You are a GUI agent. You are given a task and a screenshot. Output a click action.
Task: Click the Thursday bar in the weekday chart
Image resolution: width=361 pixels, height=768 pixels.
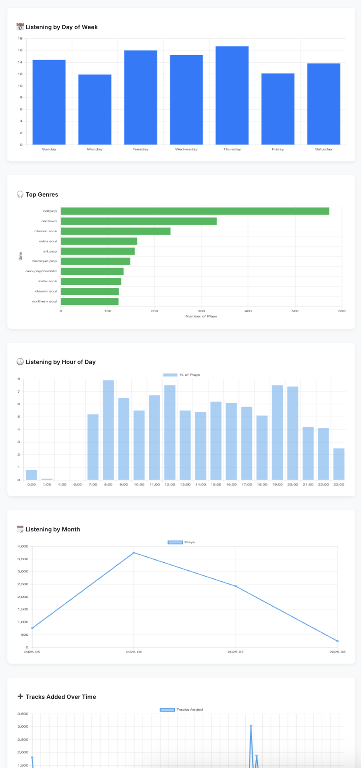point(232,96)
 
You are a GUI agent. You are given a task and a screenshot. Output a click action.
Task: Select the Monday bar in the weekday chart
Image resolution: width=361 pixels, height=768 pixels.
point(95,110)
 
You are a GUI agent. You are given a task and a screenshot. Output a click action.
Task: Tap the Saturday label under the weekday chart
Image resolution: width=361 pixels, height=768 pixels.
point(324,149)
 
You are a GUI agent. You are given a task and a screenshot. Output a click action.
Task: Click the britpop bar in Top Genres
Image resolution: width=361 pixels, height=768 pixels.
point(195,211)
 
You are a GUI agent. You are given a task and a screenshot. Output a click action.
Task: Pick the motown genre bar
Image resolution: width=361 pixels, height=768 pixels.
point(139,221)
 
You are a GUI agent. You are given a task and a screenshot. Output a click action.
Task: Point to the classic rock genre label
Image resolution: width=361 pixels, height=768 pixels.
point(46,231)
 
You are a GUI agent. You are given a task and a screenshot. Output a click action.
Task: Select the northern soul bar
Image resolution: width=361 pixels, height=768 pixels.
point(90,301)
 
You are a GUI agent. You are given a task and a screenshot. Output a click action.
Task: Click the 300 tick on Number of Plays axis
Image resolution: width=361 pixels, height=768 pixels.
point(201,311)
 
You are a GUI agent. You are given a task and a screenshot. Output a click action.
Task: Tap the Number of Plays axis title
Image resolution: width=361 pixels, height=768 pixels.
point(201,316)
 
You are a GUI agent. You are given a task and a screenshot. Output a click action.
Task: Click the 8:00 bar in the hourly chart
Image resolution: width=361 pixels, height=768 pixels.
point(108,430)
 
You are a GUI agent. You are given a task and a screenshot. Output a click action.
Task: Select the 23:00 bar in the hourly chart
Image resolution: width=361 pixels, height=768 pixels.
point(339,464)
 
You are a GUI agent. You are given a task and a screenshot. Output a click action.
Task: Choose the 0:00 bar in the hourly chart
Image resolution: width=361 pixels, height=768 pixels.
point(31,475)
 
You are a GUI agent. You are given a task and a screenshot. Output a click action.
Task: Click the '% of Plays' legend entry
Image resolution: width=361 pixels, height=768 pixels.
point(181,375)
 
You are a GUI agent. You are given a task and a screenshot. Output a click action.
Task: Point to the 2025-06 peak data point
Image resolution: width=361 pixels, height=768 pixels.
point(134,553)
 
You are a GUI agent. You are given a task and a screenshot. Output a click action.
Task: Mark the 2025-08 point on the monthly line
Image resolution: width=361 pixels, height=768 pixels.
point(338,641)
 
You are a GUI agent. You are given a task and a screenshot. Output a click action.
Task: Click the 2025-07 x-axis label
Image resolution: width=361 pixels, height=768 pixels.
point(236,652)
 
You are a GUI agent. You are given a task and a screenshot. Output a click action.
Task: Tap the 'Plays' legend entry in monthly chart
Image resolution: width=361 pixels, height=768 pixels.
point(181,542)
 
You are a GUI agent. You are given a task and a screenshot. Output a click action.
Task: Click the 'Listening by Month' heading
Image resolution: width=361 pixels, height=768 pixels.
point(53,529)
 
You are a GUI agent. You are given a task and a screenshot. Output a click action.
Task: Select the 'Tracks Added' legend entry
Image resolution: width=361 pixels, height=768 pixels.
point(181,710)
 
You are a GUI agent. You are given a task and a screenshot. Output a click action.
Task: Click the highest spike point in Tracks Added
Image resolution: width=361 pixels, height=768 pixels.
point(251,726)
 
